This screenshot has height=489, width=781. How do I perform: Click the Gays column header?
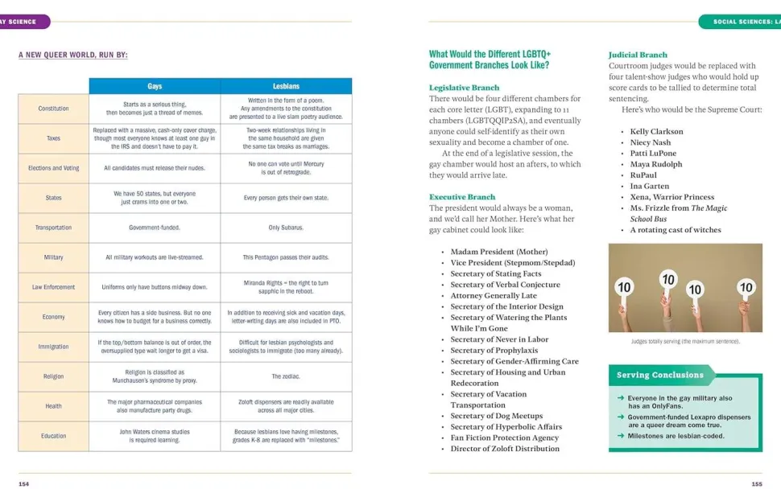coord(155,86)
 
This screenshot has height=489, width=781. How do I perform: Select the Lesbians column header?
coord(286,86)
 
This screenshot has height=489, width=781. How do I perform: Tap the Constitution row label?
coord(53,109)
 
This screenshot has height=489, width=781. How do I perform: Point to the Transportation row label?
coord(53,228)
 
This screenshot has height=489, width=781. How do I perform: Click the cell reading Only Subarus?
coord(286,228)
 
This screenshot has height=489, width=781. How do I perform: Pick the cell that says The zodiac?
coord(286,376)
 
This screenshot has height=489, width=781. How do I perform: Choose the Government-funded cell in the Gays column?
coord(155,228)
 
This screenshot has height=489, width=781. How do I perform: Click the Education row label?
coord(53,436)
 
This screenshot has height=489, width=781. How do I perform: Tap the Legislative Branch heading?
coord(464,87)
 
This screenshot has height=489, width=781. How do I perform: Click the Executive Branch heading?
coord(462,197)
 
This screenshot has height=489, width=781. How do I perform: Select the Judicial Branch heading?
coord(638,55)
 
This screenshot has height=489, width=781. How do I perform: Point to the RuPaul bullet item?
coord(643,175)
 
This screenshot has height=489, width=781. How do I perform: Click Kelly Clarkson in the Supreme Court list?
coord(656,131)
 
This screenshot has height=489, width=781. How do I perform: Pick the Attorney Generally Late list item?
coord(494,296)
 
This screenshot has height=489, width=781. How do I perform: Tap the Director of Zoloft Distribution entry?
coord(505,449)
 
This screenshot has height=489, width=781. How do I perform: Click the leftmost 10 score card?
coord(624,287)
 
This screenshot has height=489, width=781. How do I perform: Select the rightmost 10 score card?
coord(746,287)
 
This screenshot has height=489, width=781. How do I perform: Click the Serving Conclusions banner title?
coord(659,375)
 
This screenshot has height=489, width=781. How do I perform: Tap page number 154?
coord(23,484)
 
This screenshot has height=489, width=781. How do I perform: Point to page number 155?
coord(756,484)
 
